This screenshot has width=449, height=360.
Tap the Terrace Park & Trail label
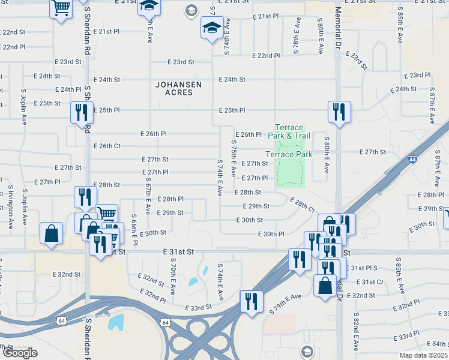point(289,131)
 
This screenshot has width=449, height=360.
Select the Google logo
point(20,352)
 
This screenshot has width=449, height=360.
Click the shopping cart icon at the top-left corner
point(61,9)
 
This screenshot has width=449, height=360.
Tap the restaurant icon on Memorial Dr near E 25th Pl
point(339,112)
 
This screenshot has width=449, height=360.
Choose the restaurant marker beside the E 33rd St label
point(251,300)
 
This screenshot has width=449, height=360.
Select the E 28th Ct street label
point(302,205)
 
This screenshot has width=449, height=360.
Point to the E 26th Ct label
point(107,146)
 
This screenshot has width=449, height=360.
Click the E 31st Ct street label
point(370,282)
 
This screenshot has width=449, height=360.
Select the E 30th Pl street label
point(271,233)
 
